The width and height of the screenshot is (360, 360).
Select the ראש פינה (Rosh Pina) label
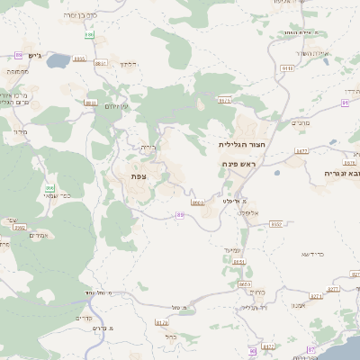coord(238,164)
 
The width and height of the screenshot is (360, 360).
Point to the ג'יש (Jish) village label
coord(35,55)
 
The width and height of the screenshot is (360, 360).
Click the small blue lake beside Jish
coord(57,61)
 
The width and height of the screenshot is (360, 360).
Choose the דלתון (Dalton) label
coord(128,65)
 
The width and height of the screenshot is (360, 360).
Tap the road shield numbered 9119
coord(288,67)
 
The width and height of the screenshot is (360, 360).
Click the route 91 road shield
coord(345,103)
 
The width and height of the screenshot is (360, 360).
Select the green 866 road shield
coord(49,188)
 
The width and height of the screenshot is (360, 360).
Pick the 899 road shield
coord(88,34)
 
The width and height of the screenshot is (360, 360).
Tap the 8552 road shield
coord(276,223)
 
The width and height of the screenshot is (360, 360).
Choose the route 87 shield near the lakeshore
coord(313,348)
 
